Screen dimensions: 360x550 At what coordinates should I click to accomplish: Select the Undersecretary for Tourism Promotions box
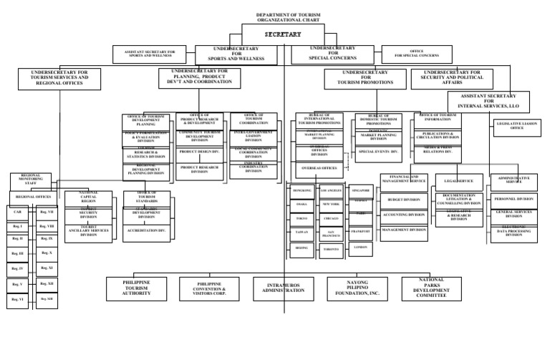point(368,78)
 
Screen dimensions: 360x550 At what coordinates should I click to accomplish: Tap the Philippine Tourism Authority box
point(136,288)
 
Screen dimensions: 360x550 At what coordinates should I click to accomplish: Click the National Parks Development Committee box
point(432,287)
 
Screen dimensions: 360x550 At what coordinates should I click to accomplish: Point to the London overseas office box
point(360,247)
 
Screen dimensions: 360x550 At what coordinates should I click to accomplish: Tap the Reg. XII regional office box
point(47,283)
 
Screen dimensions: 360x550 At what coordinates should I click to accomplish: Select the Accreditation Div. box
point(147,231)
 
